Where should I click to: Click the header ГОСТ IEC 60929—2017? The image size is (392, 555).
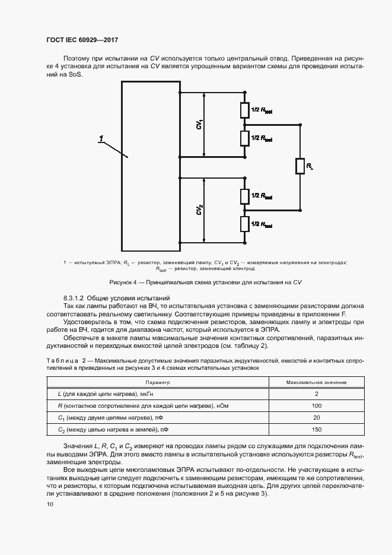82,40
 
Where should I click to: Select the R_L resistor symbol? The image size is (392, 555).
300,167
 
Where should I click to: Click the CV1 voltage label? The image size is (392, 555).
200,124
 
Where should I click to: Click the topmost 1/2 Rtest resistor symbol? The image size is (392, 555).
244,110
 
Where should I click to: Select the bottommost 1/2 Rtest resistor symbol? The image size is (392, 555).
244,224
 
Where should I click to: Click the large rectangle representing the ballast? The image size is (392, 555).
151,167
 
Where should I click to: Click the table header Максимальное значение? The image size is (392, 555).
316,383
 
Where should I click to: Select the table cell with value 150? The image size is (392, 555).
316,429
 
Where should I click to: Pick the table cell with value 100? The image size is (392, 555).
316,405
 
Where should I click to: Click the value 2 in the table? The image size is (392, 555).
317,394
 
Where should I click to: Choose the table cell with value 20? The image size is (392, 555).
316,417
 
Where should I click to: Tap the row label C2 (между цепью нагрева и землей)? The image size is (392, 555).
112,429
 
